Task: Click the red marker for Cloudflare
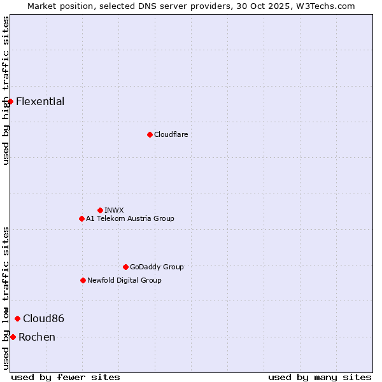[150, 134]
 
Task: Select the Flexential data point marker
[10, 101]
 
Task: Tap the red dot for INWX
[100, 210]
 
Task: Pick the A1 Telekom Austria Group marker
[81, 218]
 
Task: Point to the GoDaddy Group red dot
[125, 267]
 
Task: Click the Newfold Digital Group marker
[83, 280]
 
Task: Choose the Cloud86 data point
[17, 318]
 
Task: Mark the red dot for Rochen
[13, 337]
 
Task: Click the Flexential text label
[40, 102]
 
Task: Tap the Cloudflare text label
[171, 134]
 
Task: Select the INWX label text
[114, 210]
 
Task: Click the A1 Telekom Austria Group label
[130, 218]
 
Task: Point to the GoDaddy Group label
[157, 267]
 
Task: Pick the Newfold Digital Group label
[124, 280]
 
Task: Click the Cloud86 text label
[43, 319]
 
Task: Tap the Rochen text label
[37, 337]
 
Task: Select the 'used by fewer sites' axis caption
[66, 377]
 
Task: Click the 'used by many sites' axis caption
[320, 377]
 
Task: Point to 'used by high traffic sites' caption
[6, 90]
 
